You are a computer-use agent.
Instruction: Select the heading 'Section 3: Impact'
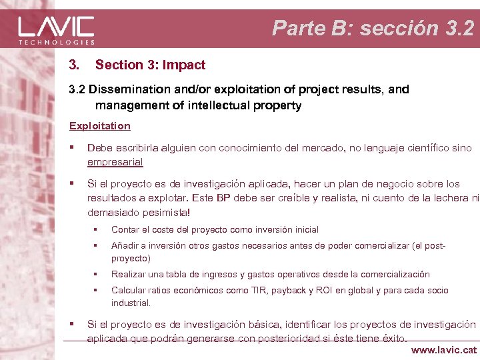point(150,65)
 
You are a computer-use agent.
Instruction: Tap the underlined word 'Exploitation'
point(99,125)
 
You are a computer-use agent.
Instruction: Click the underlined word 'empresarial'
point(115,161)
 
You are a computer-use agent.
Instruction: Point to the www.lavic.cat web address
point(444,349)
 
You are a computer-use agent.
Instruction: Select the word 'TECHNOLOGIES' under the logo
point(56,42)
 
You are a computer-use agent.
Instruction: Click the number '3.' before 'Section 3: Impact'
point(74,65)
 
